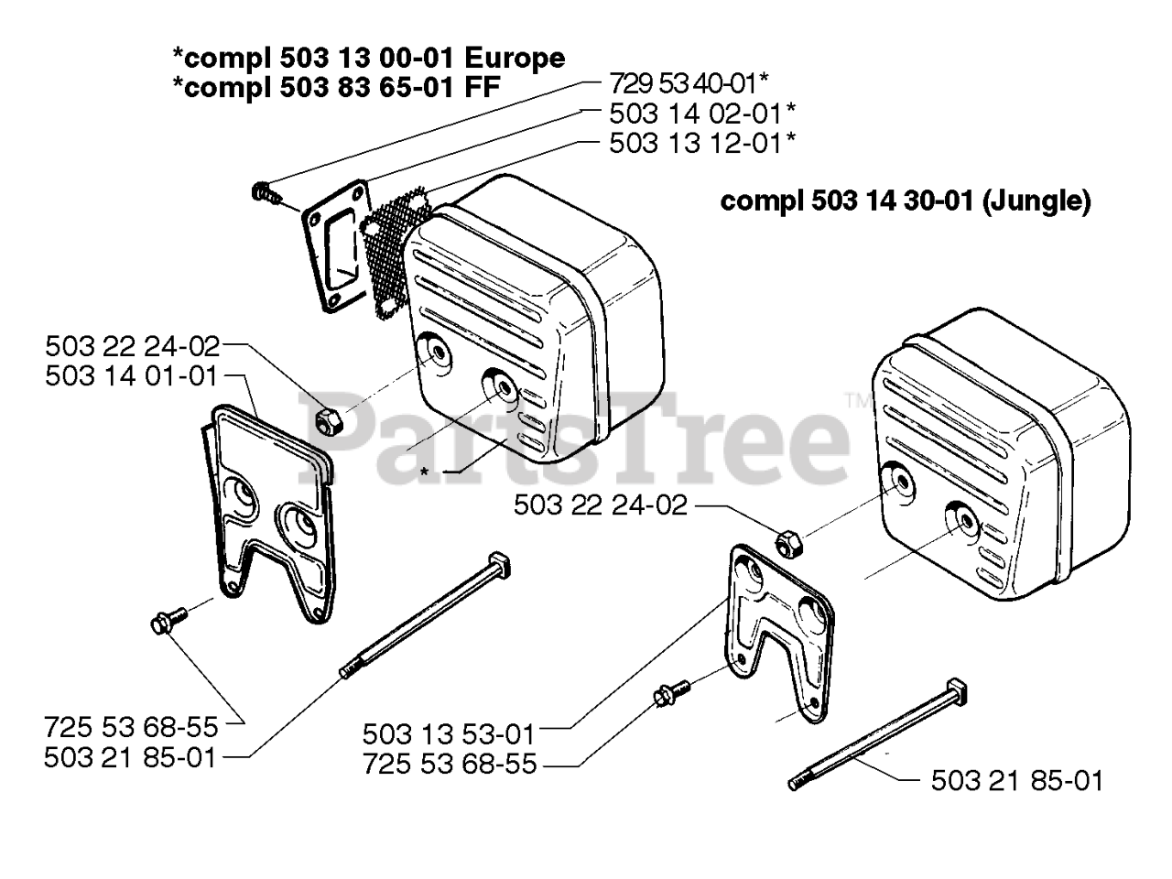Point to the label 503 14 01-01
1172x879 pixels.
click(x=132, y=375)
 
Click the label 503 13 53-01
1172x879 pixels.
click(x=449, y=734)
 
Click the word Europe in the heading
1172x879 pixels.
click(x=515, y=58)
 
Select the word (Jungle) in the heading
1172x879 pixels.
click(x=1036, y=201)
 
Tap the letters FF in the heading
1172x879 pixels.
click(x=483, y=88)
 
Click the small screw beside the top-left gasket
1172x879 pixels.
click(x=266, y=193)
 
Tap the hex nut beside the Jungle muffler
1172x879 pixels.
click(x=788, y=544)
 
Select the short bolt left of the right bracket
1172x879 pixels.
click(x=672, y=692)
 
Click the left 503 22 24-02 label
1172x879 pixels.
click(x=133, y=346)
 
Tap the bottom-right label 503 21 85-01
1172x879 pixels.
click(x=1017, y=781)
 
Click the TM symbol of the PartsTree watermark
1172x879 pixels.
click(x=858, y=400)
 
